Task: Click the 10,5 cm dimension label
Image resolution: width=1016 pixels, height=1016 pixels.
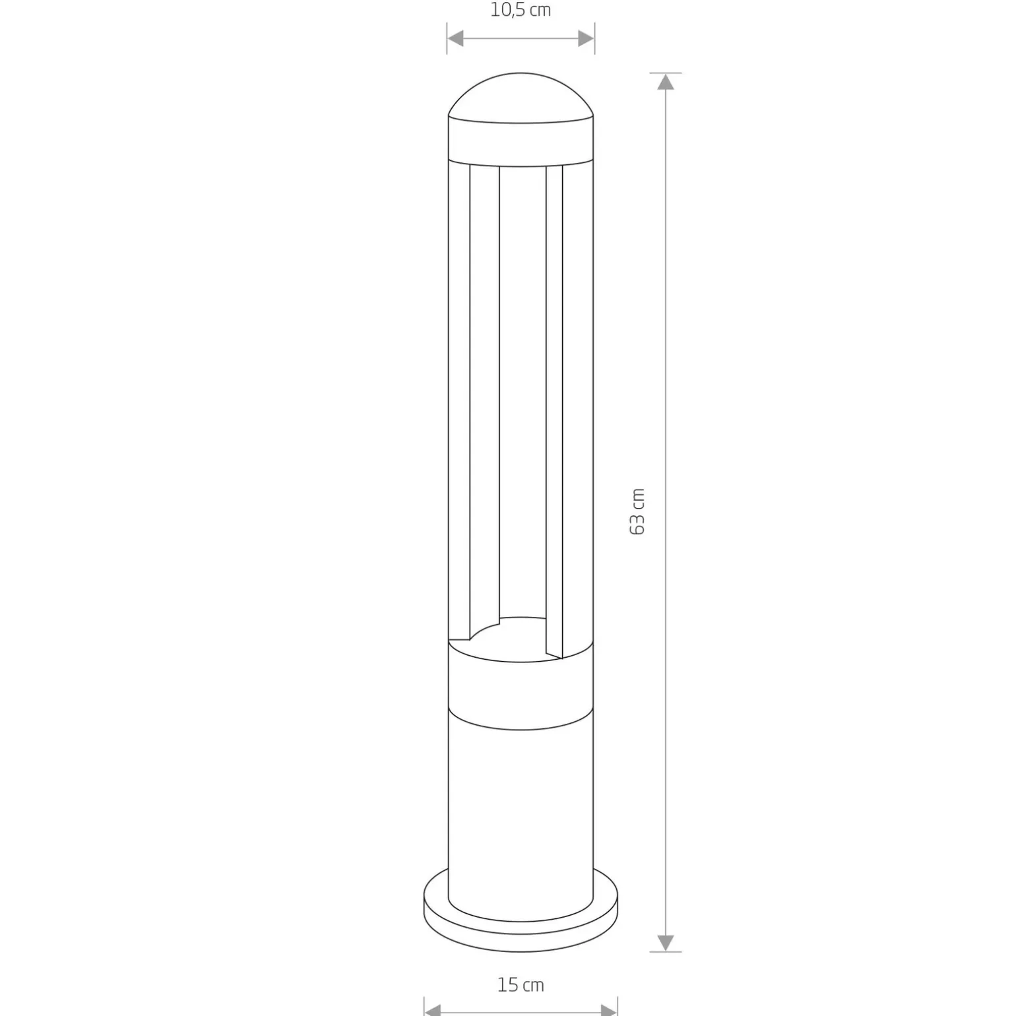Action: [x=521, y=11]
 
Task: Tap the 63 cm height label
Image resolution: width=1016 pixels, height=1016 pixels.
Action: [x=637, y=512]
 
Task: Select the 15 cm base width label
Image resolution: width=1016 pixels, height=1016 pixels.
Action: [x=521, y=986]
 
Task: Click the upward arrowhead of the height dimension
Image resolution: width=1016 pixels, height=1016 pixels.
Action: [x=666, y=81]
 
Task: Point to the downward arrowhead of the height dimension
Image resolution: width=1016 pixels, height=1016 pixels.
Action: [x=666, y=943]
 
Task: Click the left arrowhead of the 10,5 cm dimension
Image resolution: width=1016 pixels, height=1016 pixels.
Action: [x=456, y=39]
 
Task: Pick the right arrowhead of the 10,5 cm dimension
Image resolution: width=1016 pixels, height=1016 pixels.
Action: [x=586, y=39]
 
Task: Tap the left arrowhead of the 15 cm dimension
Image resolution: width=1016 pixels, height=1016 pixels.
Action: [x=433, y=1009]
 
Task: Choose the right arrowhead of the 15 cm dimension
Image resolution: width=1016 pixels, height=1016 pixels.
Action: [x=608, y=1009]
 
